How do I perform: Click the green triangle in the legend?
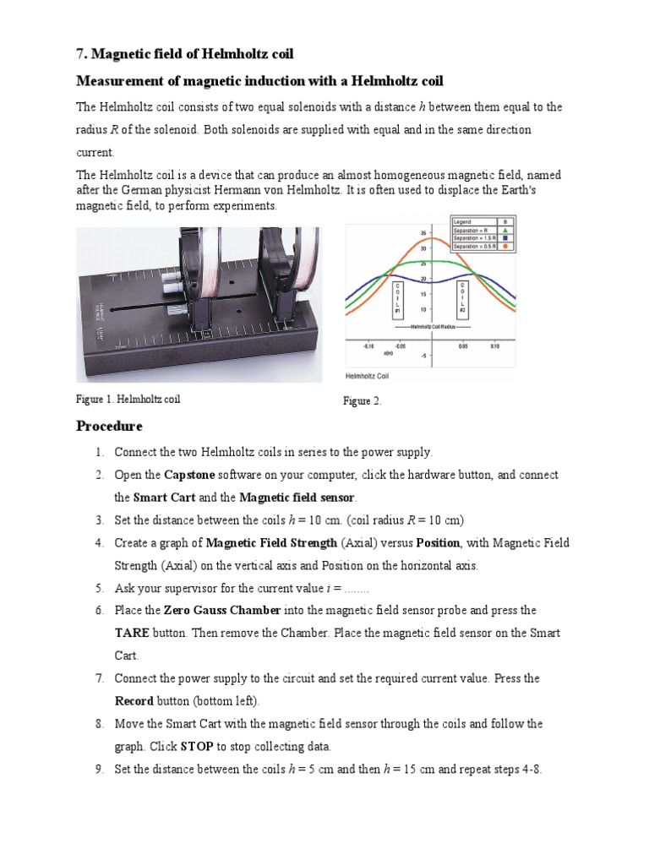[x=504, y=229]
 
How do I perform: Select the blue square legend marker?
[x=504, y=238]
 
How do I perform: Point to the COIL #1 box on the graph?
[x=396, y=300]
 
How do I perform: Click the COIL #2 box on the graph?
[x=463, y=300]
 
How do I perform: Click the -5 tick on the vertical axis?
[x=424, y=356]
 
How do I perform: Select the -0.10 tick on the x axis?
[x=368, y=346]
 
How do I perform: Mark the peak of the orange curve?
[x=431, y=238]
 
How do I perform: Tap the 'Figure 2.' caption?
[x=362, y=401]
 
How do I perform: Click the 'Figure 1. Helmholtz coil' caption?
[x=128, y=399]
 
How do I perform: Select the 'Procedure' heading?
[x=109, y=425]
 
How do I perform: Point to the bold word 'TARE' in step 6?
[x=132, y=633]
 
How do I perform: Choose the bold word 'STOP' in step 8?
[x=197, y=747]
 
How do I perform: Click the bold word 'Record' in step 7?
[x=134, y=701]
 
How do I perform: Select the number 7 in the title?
[x=80, y=54]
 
